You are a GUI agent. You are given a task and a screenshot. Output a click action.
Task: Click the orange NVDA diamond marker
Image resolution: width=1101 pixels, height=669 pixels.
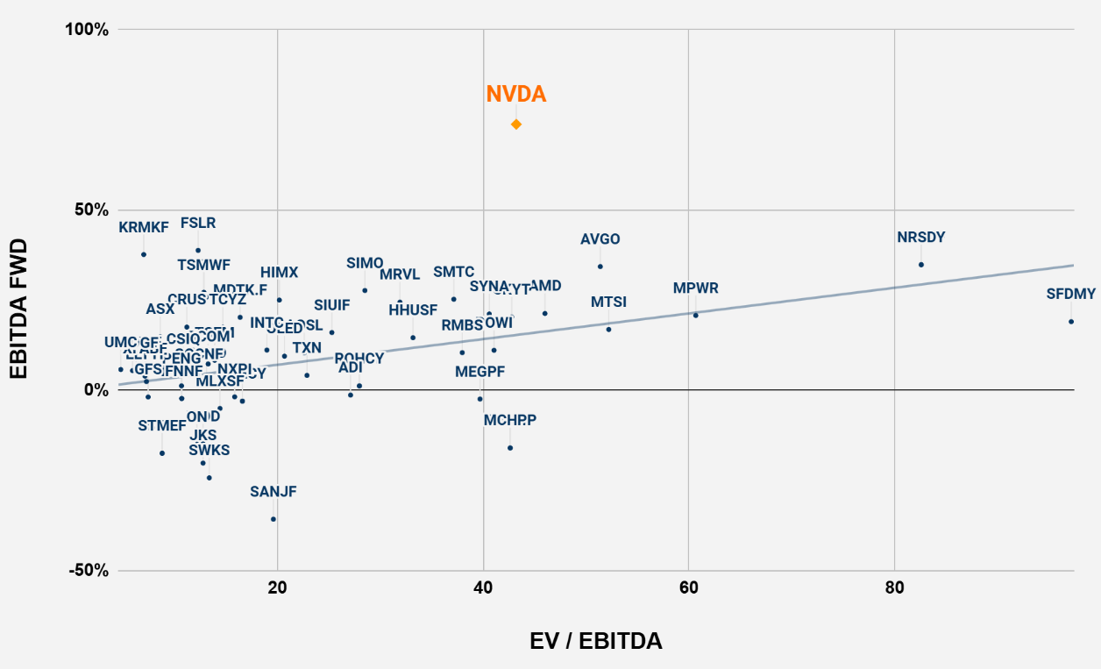click(516, 124)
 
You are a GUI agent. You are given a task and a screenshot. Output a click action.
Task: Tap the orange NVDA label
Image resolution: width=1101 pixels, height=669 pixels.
click(516, 94)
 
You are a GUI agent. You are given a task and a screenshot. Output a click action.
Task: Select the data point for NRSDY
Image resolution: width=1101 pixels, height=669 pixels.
click(921, 265)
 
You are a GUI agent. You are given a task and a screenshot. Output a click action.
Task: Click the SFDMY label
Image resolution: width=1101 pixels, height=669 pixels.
click(1071, 295)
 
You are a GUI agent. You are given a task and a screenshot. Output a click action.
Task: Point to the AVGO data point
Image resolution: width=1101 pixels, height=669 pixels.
click(600, 267)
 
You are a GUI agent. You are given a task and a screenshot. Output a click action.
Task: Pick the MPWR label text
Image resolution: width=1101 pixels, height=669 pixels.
click(696, 288)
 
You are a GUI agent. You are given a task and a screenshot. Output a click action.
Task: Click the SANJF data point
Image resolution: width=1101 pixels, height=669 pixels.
click(273, 519)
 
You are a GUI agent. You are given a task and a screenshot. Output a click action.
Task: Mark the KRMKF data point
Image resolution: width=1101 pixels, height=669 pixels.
click(144, 254)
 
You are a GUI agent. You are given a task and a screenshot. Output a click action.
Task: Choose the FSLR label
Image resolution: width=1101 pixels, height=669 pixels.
click(198, 224)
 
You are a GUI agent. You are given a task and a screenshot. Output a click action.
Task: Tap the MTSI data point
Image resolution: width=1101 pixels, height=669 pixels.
click(608, 329)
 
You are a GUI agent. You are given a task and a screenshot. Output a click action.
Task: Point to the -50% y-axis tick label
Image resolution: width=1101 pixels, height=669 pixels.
click(89, 571)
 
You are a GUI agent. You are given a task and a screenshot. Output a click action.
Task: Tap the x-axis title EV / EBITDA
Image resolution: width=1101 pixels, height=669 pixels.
click(596, 641)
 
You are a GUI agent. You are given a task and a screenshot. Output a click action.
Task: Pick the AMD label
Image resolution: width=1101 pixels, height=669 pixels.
click(545, 286)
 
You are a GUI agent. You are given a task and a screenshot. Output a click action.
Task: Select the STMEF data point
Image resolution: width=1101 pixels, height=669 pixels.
click(162, 453)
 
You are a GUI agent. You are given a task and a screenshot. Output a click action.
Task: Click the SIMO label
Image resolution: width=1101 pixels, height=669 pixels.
click(365, 263)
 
